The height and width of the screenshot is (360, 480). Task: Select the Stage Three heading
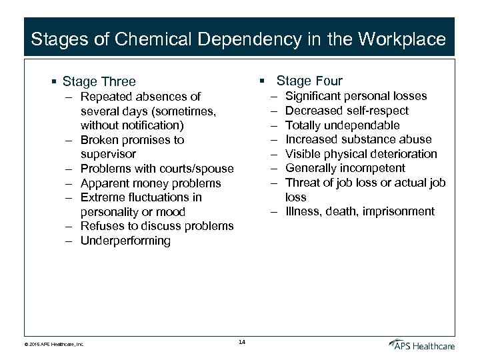[99, 82]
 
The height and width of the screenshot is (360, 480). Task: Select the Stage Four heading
[309, 81]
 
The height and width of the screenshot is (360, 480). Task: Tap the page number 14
[241, 343]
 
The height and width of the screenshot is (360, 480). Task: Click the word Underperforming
[125, 241]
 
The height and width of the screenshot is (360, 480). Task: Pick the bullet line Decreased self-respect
[347, 111]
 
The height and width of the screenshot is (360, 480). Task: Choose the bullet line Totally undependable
[342, 125]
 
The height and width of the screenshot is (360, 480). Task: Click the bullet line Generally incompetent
[345, 168]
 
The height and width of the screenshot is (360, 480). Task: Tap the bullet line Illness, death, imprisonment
[359, 212]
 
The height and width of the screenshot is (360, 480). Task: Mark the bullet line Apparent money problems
[150, 183]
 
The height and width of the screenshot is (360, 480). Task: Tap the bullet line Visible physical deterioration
[361, 154]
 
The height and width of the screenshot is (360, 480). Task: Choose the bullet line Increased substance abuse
[358, 139]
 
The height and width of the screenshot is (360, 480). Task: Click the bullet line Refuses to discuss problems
[157, 226]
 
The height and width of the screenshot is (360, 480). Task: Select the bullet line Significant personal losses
[356, 96]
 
